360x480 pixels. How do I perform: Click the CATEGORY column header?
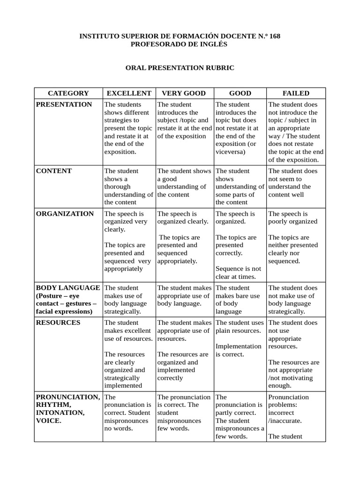click(68, 93)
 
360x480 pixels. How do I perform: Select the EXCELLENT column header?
click(128, 93)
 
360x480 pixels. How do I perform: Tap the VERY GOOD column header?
click(184, 93)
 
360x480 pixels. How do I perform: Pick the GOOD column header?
click(240, 93)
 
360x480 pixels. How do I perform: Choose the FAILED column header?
click(296, 93)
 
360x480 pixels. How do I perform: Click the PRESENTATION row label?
click(64, 105)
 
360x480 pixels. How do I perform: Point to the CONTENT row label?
click(54, 171)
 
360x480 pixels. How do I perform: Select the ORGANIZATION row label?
click(65, 214)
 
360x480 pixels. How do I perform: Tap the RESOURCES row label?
click(58, 322)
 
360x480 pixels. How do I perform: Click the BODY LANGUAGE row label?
click(68, 288)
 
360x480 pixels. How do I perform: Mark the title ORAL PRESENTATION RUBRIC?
click(180, 68)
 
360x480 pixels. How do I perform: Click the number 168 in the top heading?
click(275, 36)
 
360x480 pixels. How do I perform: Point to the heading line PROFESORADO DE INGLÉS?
click(180, 44)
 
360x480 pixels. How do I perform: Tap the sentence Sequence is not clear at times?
click(238, 273)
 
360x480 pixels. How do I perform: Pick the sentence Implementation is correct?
click(238, 350)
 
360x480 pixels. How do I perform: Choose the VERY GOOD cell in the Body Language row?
click(184, 296)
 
